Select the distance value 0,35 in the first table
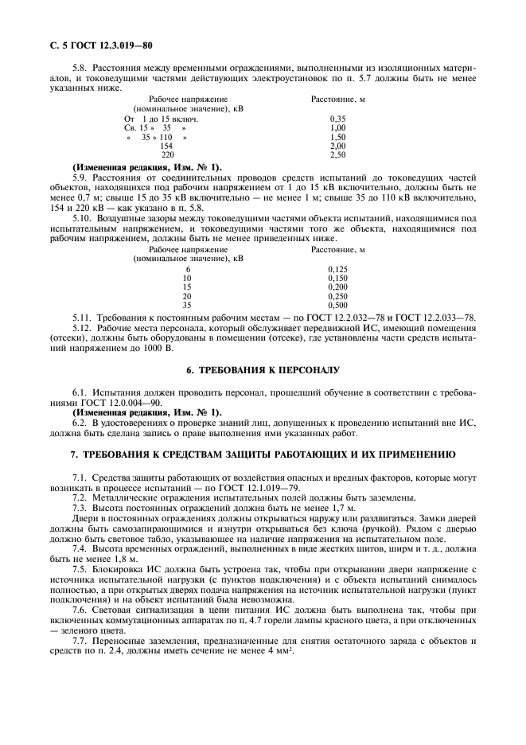[337, 118]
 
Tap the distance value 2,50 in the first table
[337, 155]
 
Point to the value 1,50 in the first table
[337, 137]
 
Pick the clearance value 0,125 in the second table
[337, 269]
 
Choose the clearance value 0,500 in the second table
[337, 305]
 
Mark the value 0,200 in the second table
[337, 287]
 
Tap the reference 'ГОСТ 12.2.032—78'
[355, 318]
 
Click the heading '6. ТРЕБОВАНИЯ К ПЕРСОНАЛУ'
[262, 371]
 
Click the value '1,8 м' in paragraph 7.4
[113, 559]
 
